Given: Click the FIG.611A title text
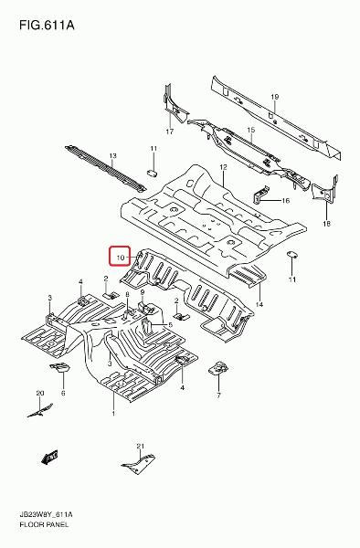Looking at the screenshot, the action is click(x=47, y=26).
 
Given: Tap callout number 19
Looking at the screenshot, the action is click(x=274, y=97).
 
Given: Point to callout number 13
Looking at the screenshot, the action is click(x=112, y=156).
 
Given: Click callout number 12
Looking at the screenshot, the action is click(x=224, y=168).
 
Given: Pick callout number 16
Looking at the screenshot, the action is click(x=286, y=201).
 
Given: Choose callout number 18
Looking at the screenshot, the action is click(x=326, y=224).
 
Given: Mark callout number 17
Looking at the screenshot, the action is click(x=170, y=132).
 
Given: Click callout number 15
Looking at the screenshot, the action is click(x=251, y=130).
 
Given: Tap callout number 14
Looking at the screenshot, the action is click(x=259, y=305).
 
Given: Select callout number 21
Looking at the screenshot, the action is click(x=140, y=446).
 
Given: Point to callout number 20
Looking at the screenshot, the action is click(x=40, y=393).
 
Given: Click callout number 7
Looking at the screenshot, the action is click(x=218, y=395).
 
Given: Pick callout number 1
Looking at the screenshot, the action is click(x=113, y=414).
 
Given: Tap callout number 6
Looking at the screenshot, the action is click(x=63, y=393).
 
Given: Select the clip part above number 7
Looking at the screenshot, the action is click(x=217, y=368).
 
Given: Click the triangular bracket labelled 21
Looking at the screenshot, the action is click(x=138, y=464).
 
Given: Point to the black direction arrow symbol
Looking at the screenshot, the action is click(x=49, y=458).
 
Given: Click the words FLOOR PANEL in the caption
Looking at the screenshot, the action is click(x=45, y=524).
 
